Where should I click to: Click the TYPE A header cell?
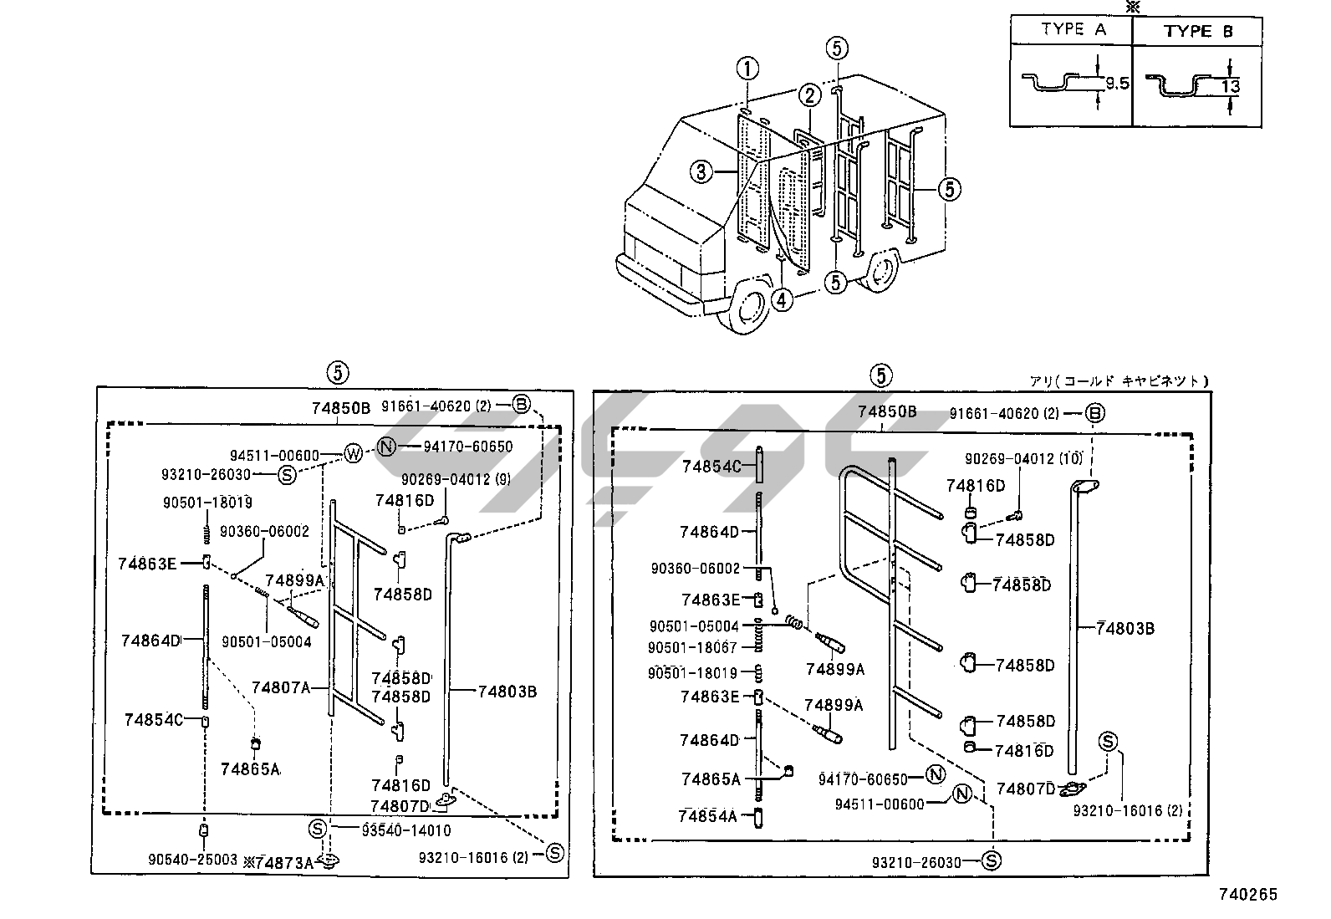pos(1071,30)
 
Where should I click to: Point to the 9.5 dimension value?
pos(1117,84)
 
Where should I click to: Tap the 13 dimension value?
pos(1230,87)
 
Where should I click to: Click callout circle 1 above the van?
pos(747,69)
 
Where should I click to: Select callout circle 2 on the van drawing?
pos(809,95)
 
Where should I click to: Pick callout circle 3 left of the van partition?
pos(701,172)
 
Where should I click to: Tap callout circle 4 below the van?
pos(782,299)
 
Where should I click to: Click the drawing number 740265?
pos(1247,894)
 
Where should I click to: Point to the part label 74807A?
pos(280,687)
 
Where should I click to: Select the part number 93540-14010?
pos(406,830)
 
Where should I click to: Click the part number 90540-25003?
pos(192,860)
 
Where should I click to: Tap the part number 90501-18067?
pos(692,647)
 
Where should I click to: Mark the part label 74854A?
pos(707,816)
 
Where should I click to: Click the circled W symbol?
pos(353,455)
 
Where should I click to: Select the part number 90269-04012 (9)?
pos(456,479)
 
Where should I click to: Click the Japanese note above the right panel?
pos(1119,381)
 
